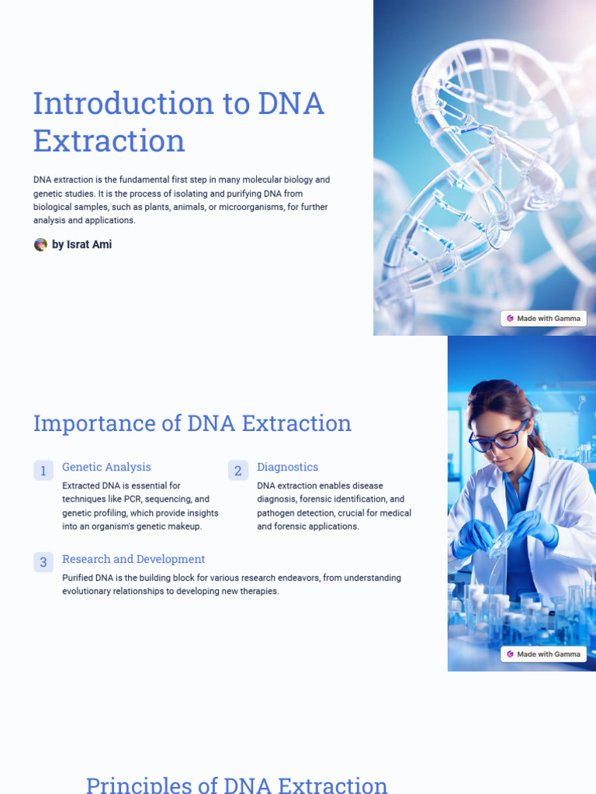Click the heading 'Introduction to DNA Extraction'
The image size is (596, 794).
coord(178,122)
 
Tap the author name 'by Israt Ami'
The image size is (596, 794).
coord(81,244)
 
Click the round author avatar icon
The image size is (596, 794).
coord(40,244)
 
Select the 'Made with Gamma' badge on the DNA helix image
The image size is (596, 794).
coord(543,319)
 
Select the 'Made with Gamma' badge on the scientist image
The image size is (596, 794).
coord(543,654)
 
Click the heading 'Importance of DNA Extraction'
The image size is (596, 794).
coord(192,423)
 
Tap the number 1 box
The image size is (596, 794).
coord(43,471)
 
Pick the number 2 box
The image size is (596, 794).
coord(238,471)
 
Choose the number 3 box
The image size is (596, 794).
coord(43,562)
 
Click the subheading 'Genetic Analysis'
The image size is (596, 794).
coord(106,467)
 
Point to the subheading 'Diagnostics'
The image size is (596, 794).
coord(287,467)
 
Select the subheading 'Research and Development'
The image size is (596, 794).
coord(133,559)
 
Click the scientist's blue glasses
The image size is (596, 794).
coord(497,439)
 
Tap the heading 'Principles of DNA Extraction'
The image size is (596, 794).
coord(237,785)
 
